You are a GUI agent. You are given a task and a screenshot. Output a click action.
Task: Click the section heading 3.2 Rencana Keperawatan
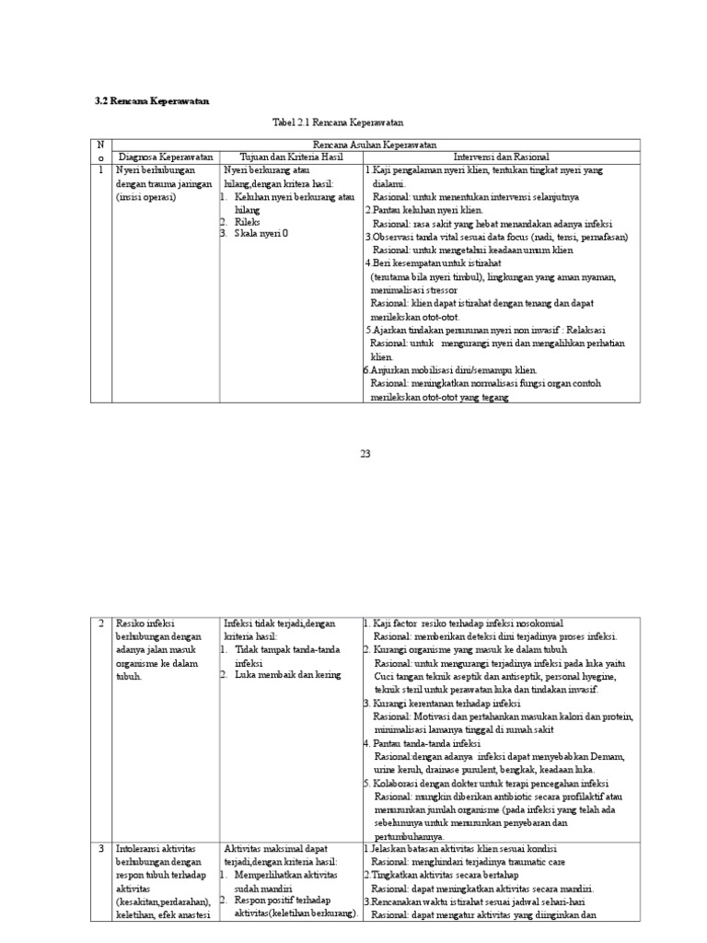coord(152,100)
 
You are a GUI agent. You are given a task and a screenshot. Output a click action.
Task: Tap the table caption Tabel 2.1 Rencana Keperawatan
coord(338,122)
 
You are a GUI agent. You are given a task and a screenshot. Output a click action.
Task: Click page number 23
coord(364,452)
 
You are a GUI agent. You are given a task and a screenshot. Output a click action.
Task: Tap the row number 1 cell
coord(102,169)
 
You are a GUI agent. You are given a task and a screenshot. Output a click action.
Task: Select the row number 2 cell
coord(102,623)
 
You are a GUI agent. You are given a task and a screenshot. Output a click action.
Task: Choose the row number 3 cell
coord(102,848)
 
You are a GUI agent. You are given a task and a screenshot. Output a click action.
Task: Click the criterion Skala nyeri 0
coord(261,234)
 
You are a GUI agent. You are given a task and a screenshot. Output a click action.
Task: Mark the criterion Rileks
coord(248,221)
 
